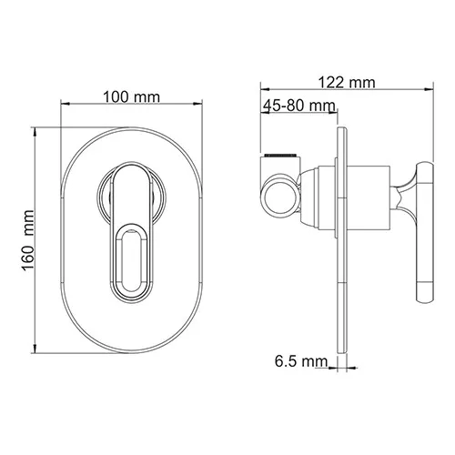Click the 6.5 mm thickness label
[x=301, y=363]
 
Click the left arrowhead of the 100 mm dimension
[x=64, y=107]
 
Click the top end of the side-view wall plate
[x=342, y=127]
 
